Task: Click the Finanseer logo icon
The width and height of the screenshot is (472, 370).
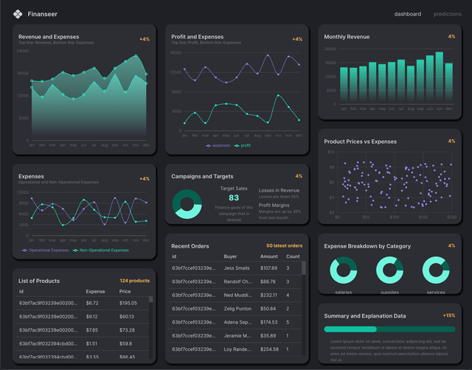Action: [x=18, y=13]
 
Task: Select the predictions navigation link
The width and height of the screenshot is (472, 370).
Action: [x=447, y=14]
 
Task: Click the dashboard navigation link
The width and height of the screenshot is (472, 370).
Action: [x=408, y=14]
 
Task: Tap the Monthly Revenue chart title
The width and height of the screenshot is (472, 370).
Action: [x=347, y=36]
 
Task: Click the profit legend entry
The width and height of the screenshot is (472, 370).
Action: [x=243, y=145]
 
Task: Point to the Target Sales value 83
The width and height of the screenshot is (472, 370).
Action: [x=234, y=198]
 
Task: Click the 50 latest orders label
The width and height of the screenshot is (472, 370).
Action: [x=284, y=245]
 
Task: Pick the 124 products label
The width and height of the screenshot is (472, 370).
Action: [x=135, y=281]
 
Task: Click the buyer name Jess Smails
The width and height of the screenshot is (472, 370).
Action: [x=236, y=268]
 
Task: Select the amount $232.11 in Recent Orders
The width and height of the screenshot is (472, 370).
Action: [x=269, y=295]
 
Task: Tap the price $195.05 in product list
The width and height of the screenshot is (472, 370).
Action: [x=128, y=303]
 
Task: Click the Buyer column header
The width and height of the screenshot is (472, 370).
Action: [x=231, y=256]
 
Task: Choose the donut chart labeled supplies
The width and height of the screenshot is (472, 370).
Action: [x=390, y=270]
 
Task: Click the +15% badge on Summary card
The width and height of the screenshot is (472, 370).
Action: [x=448, y=315]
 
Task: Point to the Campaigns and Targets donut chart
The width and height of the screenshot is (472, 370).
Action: [x=187, y=204]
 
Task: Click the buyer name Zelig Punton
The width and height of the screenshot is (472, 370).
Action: [x=237, y=308]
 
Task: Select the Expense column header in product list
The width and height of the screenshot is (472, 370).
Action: [x=95, y=292]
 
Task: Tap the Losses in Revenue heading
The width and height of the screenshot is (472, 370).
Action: [x=279, y=190]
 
